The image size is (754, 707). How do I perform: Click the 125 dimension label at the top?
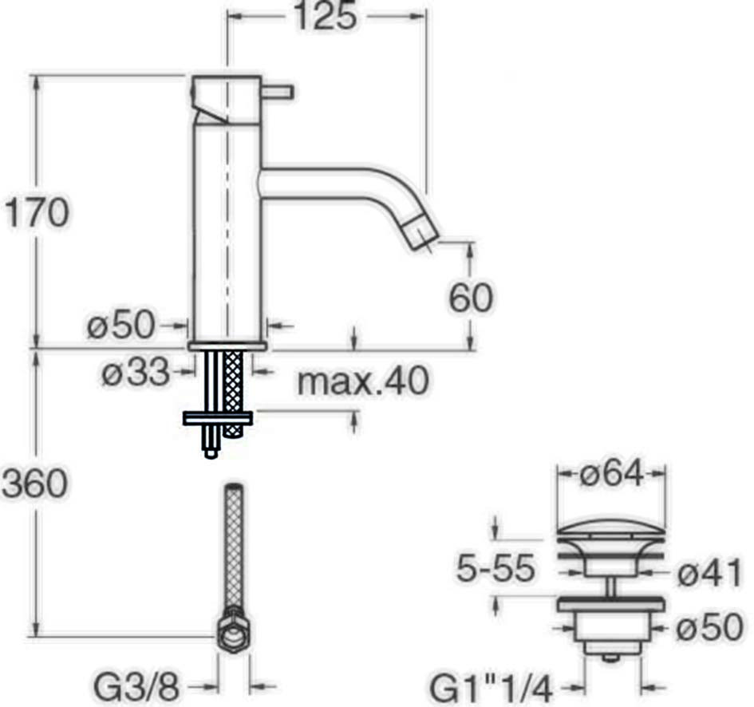pyautogui.click(x=326, y=15)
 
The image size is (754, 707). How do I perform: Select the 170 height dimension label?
pyautogui.click(x=37, y=211)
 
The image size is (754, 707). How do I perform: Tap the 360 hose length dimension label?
pyautogui.click(x=34, y=483)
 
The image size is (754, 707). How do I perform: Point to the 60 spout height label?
pyautogui.click(x=471, y=297)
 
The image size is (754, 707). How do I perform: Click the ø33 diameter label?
pyautogui.click(x=136, y=372)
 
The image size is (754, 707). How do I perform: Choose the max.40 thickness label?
pyautogui.click(x=362, y=381)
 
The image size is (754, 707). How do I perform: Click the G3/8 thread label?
pyautogui.click(x=136, y=687)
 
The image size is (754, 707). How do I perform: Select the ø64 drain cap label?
pyautogui.click(x=612, y=474)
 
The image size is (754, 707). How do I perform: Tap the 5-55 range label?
pyautogui.click(x=495, y=568)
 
